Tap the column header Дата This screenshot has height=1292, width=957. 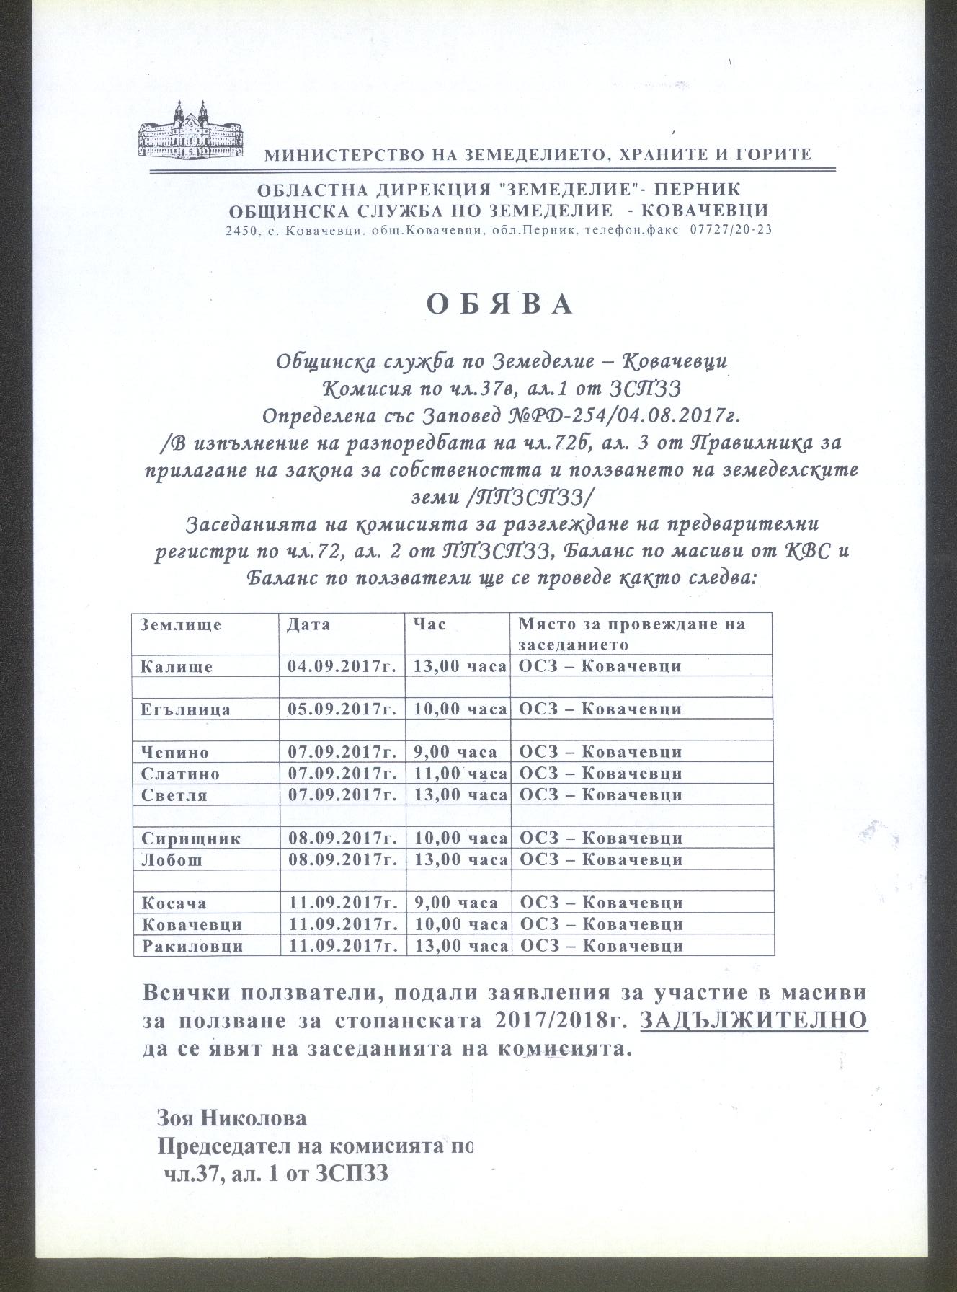[x=308, y=624]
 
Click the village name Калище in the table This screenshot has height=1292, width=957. [x=177, y=666]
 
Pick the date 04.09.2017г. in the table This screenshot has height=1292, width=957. [x=342, y=666]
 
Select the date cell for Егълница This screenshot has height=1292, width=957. [x=342, y=709]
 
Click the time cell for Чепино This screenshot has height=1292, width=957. [x=455, y=752]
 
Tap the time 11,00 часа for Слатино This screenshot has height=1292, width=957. [x=460, y=774]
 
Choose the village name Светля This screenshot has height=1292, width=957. [x=175, y=795]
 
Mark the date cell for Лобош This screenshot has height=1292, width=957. [x=342, y=860]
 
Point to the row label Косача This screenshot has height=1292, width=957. [x=174, y=903]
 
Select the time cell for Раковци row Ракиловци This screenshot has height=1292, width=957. [x=460, y=946]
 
